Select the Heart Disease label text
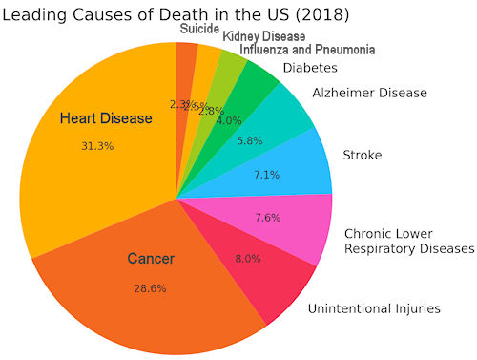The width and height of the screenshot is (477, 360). pos(105,118)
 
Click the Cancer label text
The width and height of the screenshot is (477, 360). pos(151,259)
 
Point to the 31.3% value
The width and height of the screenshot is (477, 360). pos(97,146)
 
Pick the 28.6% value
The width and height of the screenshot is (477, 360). pos(150,287)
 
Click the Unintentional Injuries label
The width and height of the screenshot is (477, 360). pos(373,308)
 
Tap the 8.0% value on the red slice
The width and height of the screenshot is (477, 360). pos(247,258)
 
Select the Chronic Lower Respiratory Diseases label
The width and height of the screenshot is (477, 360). pos(408,241)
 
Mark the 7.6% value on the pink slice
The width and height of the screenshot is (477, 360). pos(268,217)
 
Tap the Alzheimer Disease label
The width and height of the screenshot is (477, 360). pos(369,93)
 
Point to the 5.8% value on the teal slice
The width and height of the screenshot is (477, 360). pos(250,140)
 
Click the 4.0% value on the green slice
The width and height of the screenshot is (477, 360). pos(229,120)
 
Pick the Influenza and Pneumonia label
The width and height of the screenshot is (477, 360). pos(306,49)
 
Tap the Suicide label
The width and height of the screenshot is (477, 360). pos(199,28)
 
